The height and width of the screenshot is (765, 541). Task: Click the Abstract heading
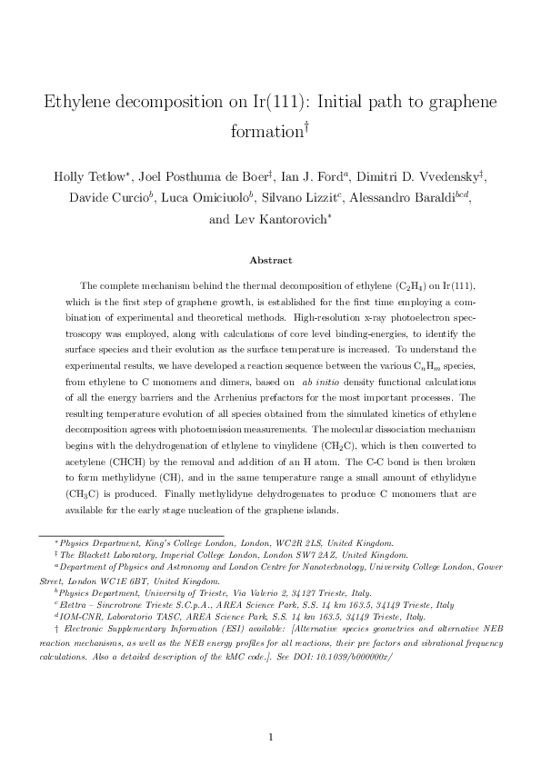(x=270, y=259)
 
